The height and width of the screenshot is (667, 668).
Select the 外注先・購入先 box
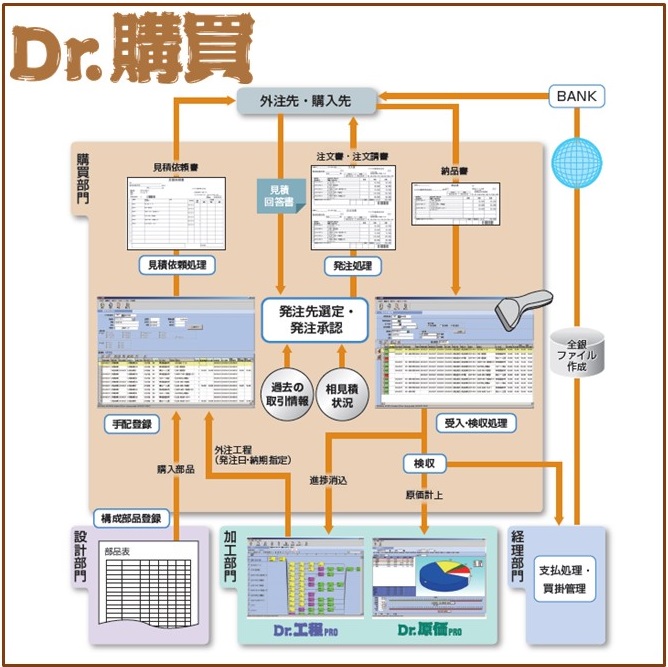(305, 100)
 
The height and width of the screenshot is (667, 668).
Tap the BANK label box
(578, 97)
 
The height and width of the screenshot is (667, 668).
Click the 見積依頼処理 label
(176, 266)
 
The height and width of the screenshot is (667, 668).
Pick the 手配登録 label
(132, 424)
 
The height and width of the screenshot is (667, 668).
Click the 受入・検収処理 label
(474, 423)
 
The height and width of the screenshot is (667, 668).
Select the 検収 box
(424, 463)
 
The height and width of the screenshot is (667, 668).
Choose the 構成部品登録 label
(131, 518)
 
